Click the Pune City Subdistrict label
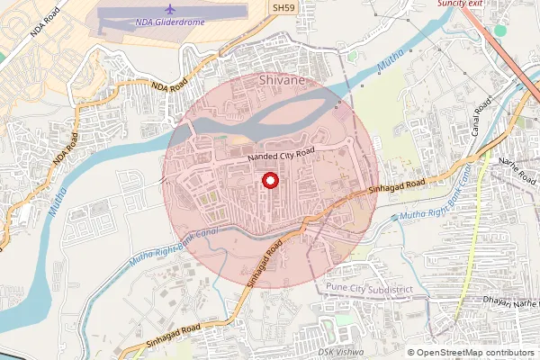point(364,286)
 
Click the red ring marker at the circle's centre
point(269,181)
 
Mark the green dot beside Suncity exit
point(500,31)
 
